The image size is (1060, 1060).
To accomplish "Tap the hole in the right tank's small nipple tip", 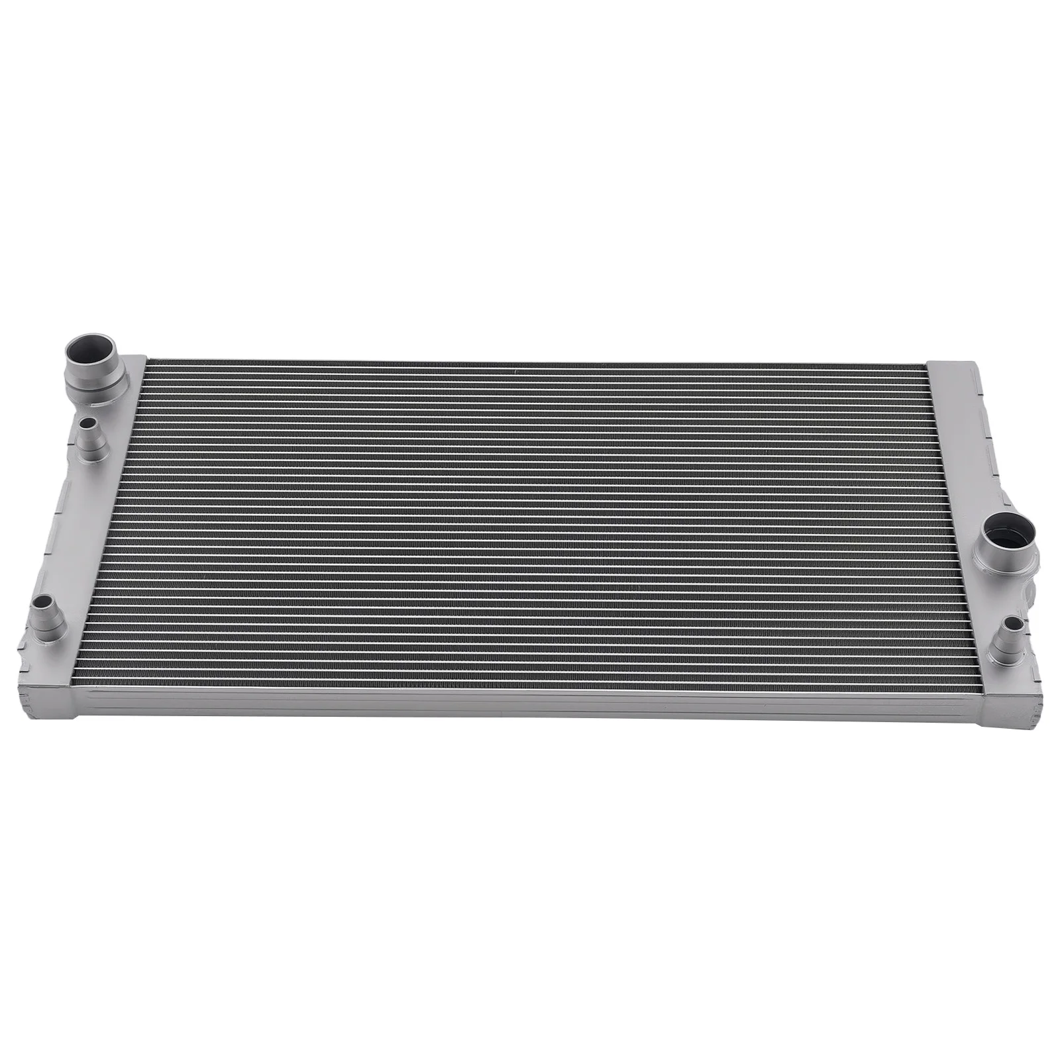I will pyautogui.click(x=1012, y=623).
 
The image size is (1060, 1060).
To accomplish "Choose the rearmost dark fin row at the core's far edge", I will pyautogui.click(x=530, y=364).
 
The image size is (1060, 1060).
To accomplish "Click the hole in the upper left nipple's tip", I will pyautogui.click(x=86, y=422).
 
